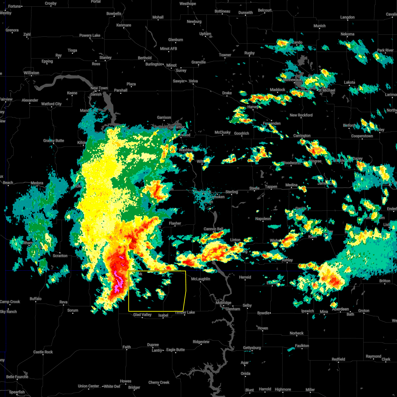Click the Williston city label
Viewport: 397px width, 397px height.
click(x=31, y=73)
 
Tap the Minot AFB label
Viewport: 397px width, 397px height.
click(x=168, y=49)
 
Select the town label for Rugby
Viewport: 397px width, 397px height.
click(x=249, y=53)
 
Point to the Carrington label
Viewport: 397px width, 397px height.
click(x=302, y=136)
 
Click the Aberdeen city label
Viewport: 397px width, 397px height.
click(x=340, y=309)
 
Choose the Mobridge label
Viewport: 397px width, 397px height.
click(x=223, y=303)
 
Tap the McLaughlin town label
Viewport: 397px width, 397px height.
click(x=200, y=279)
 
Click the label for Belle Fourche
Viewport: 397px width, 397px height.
click(x=17, y=377)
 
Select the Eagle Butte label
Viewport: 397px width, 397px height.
click(x=175, y=350)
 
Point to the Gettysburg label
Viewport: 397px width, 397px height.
click(x=252, y=348)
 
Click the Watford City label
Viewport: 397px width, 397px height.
click(x=51, y=104)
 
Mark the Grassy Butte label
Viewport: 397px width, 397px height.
click(x=54, y=141)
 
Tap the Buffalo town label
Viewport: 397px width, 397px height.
click(x=36, y=299)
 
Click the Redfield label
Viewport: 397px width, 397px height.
click(x=338, y=359)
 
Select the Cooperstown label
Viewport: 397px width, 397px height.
click(x=362, y=136)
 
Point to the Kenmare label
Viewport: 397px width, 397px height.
click(x=124, y=25)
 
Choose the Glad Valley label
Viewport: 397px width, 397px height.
click(x=142, y=315)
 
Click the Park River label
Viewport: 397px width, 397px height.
click(x=385, y=50)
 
